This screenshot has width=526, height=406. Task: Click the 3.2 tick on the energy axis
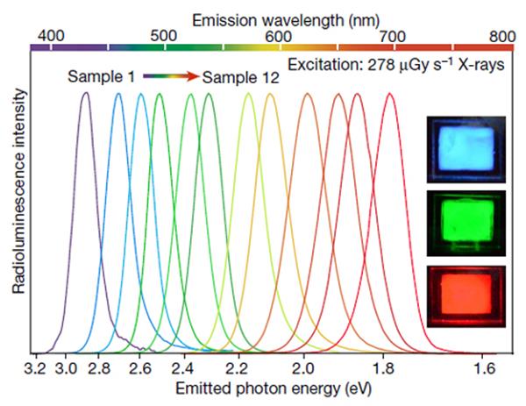36,367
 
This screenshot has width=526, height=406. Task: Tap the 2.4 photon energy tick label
183,367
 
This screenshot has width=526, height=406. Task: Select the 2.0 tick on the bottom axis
303,367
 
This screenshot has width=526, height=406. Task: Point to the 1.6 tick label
485,367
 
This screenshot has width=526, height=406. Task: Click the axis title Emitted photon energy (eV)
269,387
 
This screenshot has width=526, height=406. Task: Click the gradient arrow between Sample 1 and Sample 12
170,77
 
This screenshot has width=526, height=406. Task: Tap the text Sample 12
240,77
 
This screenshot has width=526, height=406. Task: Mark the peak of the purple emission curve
85,93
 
